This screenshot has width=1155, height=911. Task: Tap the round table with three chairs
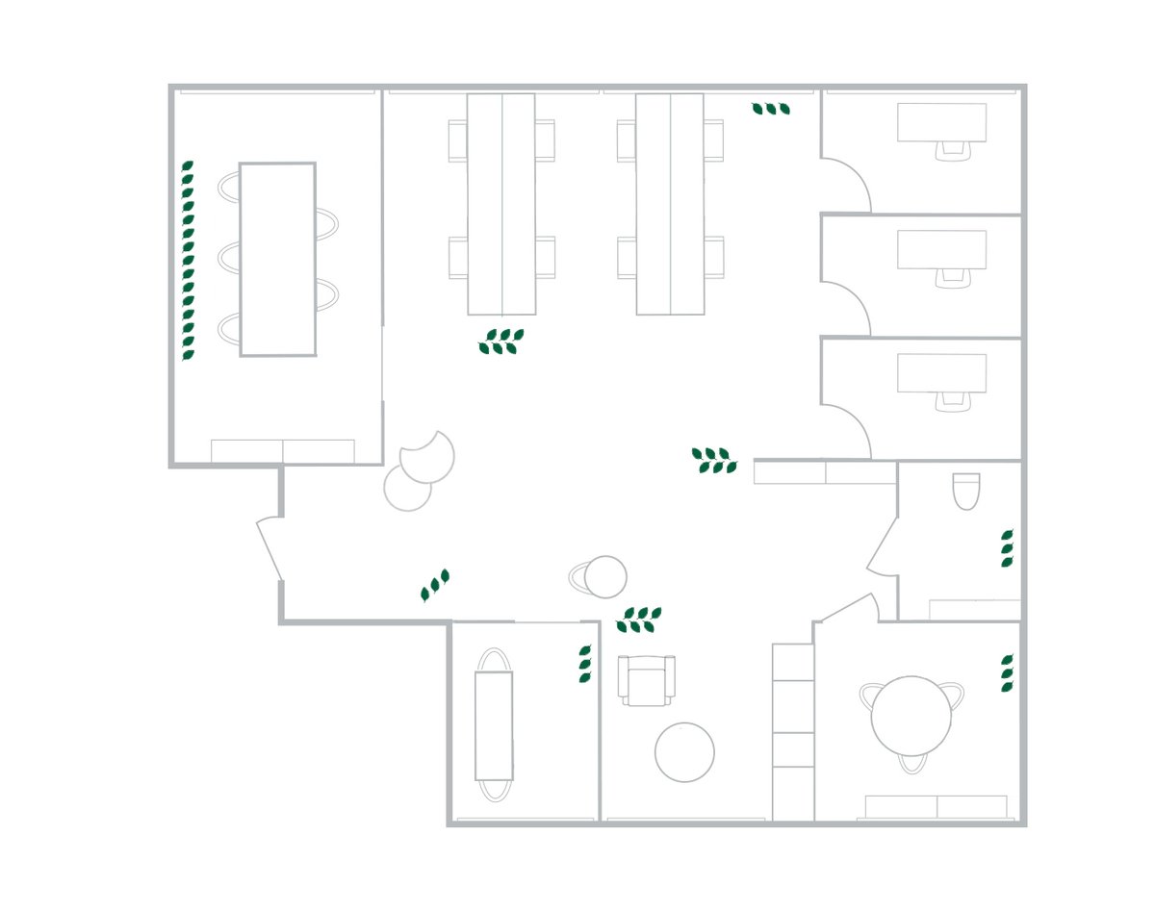click(911, 717)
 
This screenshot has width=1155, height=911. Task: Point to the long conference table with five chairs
click(277, 259)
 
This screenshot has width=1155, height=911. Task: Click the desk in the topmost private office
click(941, 121)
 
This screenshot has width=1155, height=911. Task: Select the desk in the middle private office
click(941, 249)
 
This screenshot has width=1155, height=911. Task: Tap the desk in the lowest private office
click(941, 372)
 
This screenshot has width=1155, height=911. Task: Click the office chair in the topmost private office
click(953, 149)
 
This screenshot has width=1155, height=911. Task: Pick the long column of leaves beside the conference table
click(189, 261)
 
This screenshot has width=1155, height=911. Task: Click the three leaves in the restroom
click(1007, 548)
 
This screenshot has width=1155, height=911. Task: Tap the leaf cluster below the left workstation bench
click(501, 342)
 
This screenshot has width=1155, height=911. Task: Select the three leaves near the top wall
click(771, 110)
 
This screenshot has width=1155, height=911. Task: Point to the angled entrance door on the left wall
click(269, 549)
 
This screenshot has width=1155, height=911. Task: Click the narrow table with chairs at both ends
click(494, 725)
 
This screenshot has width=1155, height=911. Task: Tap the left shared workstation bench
click(501, 203)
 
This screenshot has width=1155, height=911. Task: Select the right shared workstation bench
click(669, 203)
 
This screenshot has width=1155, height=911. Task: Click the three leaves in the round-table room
click(1007, 673)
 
